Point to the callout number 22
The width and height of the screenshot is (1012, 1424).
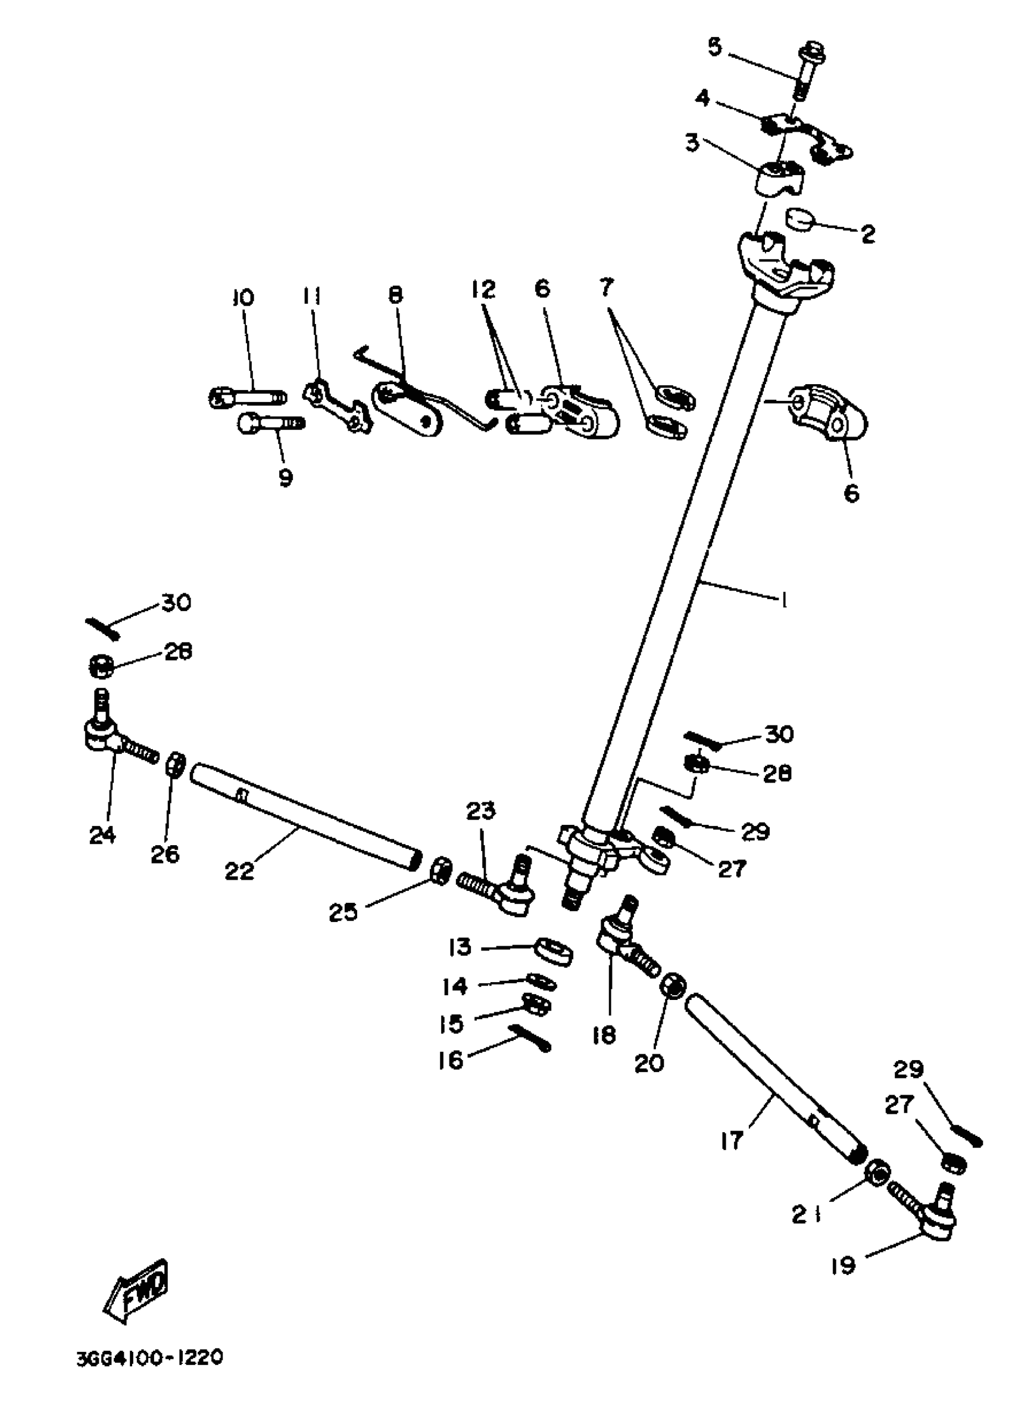tap(240, 871)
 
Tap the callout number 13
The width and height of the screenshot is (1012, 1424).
tap(460, 948)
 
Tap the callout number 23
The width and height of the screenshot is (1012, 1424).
tap(480, 811)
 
